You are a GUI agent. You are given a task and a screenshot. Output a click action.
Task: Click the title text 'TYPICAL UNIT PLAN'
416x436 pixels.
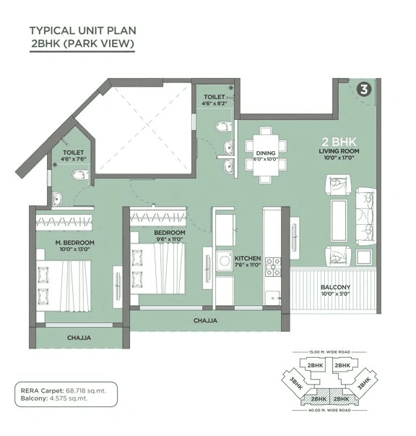tap(82, 30)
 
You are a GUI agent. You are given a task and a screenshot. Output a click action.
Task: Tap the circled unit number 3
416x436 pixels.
tap(364, 90)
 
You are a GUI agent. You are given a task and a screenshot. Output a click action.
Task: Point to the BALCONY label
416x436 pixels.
tap(334, 287)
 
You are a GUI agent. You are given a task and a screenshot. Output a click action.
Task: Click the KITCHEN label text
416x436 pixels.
tap(247, 257)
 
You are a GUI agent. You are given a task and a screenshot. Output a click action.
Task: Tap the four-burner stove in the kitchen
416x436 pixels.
tap(273, 267)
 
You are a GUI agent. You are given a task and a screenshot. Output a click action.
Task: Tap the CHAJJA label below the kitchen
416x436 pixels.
tap(206, 320)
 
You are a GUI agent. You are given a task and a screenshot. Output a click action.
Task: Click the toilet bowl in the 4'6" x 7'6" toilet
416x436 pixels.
tap(82, 174)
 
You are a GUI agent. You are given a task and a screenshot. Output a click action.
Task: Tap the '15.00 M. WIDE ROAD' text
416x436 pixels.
tap(325, 352)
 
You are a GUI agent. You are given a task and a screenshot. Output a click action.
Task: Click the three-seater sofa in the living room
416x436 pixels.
tap(365, 216)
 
